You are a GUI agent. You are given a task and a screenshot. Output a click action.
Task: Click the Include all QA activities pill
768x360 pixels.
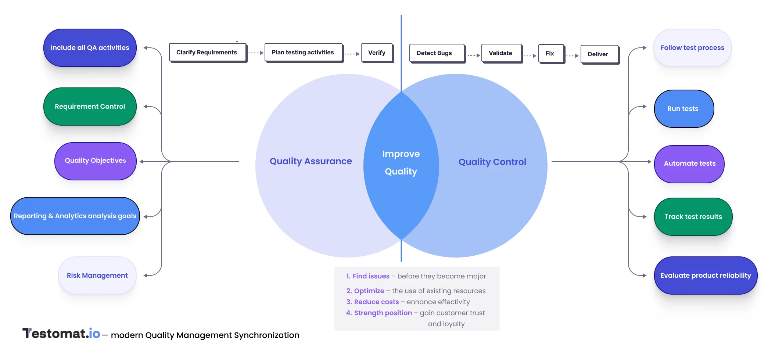[x=90, y=48]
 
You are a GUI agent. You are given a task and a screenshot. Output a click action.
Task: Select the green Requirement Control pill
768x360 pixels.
[x=90, y=107]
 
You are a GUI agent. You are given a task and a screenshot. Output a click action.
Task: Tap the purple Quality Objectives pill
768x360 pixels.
[x=96, y=161]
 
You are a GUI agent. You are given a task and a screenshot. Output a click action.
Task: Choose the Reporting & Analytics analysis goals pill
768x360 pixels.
[x=75, y=216]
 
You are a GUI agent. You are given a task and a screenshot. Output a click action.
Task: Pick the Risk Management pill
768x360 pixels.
[x=97, y=276]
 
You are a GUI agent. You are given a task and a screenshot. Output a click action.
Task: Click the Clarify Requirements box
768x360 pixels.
[x=207, y=53]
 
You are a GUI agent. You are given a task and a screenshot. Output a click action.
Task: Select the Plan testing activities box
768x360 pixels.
[x=303, y=53]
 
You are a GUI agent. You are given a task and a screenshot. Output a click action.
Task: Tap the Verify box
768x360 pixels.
[x=377, y=53]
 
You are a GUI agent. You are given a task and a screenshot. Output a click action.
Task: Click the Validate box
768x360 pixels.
[x=501, y=53]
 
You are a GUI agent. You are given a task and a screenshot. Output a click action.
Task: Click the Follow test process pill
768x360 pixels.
[x=692, y=48]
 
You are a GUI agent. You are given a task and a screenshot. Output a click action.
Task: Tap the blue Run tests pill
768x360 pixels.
[x=683, y=109]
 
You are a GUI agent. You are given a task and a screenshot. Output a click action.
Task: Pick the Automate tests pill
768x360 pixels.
[x=689, y=164]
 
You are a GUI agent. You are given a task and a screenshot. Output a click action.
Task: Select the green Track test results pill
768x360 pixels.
[x=693, y=217]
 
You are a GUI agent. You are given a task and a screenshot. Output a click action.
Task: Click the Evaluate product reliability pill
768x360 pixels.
[x=706, y=276]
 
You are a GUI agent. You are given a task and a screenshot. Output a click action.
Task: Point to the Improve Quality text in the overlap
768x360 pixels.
[x=401, y=163]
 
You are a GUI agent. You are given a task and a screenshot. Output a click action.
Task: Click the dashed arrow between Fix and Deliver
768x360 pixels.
[x=572, y=56]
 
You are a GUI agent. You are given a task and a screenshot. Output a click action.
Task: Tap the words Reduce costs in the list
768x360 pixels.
[x=376, y=302]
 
